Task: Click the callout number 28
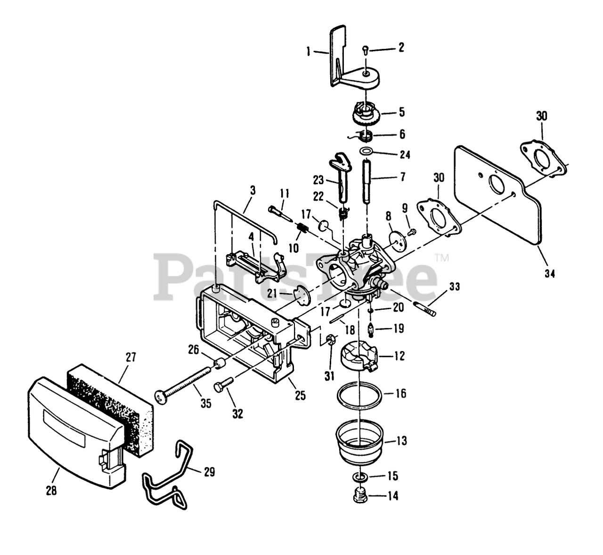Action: coord(51,490)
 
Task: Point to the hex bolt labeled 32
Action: coord(223,384)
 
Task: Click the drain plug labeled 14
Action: coord(360,496)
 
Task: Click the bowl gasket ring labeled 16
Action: coord(359,394)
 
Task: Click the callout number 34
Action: coord(550,273)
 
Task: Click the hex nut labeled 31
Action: coord(331,338)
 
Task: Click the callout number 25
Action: coord(300,395)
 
